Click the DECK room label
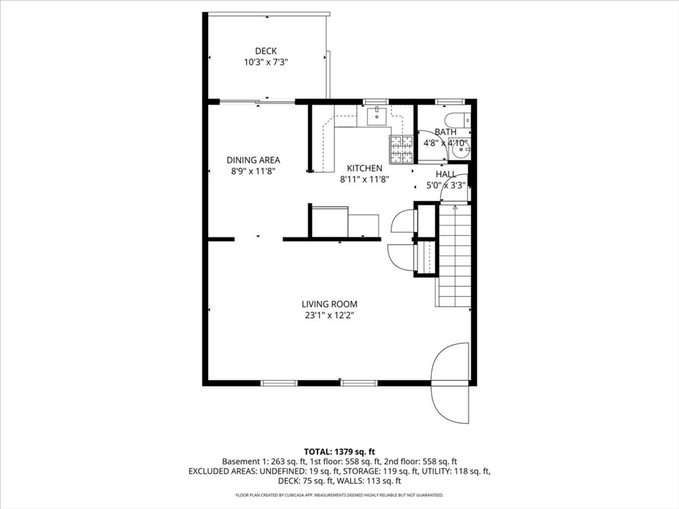(x=266, y=51)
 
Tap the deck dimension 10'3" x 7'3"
(x=266, y=62)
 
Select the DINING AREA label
(x=253, y=160)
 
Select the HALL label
(x=446, y=174)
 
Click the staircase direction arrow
(x=454, y=207)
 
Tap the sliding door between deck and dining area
(x=257, y=101)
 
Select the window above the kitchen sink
(x=376, y=101)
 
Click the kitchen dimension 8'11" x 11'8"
(x=364, y=179)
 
